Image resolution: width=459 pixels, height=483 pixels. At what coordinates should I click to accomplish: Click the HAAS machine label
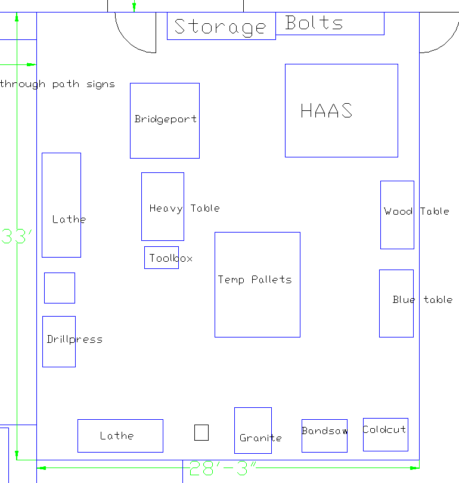[x=326, y=111]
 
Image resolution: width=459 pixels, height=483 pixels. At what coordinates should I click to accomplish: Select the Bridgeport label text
[x=165, y=119]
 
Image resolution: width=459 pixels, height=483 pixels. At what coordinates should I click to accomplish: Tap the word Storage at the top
[x=220, y=27]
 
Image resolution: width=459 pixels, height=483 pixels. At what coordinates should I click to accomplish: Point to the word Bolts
[x=314, y=23]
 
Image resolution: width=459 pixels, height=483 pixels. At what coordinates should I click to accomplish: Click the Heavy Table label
[x=184, y=208]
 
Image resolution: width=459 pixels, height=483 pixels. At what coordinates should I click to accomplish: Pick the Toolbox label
[x=170, y=258]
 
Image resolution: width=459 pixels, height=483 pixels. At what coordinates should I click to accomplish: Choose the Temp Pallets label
[x=255, y=279]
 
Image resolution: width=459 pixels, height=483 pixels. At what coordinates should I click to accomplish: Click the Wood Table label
[x=416, y=211]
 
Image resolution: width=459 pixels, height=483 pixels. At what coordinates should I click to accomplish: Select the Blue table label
[x=422, y=299]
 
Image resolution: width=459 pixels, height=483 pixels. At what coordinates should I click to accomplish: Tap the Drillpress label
[x=75, y=339]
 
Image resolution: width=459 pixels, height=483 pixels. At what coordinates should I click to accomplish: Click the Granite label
[x=260, y=438]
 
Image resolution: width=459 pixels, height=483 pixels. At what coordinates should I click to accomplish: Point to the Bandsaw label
[x=324, y=431]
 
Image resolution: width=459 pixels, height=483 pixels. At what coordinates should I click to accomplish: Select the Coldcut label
[x=384, y=429]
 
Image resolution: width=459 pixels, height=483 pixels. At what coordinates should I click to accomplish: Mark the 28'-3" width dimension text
[x=223, y=469]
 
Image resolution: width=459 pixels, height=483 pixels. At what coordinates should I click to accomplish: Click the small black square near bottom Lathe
[x=201, y=432]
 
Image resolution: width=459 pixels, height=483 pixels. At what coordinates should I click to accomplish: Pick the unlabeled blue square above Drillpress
[x=60, y=288]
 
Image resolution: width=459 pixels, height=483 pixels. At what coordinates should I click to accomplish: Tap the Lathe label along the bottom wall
[x=117, y=436]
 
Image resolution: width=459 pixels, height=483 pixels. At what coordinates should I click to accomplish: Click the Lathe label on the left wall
[x=69, y=219]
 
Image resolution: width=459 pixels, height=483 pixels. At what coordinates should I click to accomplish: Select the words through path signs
[x=57, y=84]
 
